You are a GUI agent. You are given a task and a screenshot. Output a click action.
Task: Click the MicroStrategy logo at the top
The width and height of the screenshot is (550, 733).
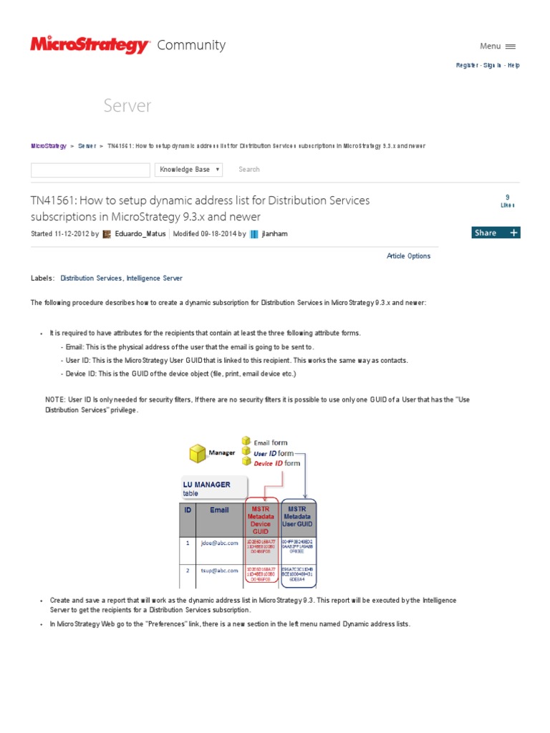(x=90, y=45)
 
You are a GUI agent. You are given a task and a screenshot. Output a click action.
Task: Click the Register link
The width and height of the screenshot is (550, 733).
(x=468, y=65)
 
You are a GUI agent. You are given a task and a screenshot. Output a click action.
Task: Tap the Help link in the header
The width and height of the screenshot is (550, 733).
(x=513, y=65)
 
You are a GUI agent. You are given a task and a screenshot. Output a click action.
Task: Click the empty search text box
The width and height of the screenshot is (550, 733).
(x=90, y=170)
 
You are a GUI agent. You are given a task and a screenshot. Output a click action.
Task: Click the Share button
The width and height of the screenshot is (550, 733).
(x=496, y=233)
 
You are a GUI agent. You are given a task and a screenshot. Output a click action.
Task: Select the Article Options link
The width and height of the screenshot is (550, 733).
(x=408, y=256)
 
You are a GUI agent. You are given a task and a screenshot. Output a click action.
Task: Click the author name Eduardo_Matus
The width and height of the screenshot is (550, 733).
(x=140, y=233)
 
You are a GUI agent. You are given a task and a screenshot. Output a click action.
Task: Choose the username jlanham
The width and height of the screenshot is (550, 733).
(x=274, y=233)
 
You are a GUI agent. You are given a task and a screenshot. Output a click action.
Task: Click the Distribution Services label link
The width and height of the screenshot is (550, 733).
(x=91, y=278)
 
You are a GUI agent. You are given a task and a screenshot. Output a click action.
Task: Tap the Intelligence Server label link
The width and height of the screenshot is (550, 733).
(x=154, y=278)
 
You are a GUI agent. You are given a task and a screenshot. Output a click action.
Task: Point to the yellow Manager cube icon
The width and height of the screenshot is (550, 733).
(x=198, y=453)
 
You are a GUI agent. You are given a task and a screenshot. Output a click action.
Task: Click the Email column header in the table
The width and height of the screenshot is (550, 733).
(x=219, y=510)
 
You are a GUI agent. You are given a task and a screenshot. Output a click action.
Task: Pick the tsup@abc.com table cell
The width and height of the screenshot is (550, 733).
(x=219, y=571)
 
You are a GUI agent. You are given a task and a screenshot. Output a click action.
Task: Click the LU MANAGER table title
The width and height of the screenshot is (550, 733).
(x=206, y=485)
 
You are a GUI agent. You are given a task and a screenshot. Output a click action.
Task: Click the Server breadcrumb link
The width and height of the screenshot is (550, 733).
(x=87, y=146)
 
